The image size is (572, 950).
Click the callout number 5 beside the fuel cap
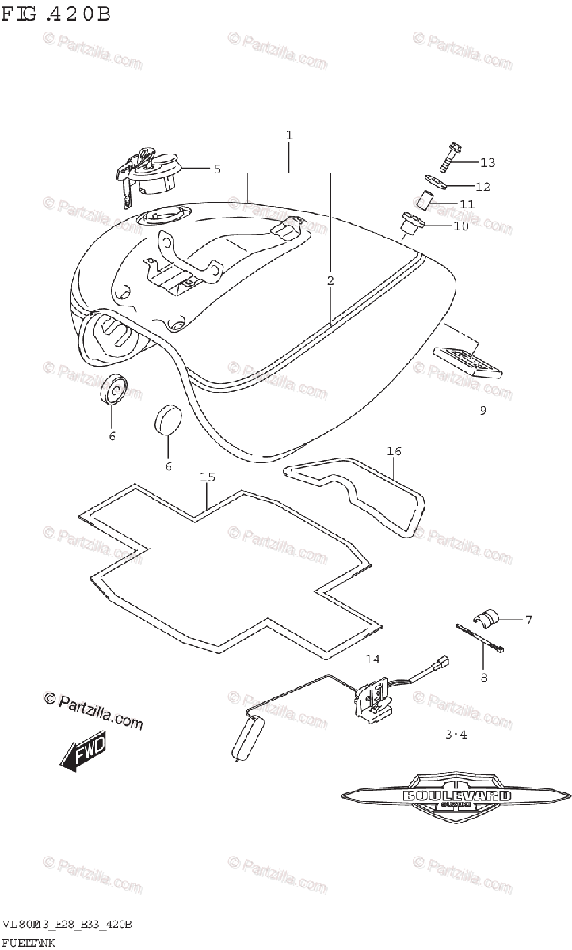(x=216, y=168)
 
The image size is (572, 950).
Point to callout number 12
(x=482, y=187)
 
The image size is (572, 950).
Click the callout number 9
(x=482, y=410)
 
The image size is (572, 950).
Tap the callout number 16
(x=395, y=451)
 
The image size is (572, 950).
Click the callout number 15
(x=208, y=477)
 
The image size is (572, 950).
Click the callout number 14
(x=372, y=659)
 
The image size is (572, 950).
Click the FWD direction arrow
(x=83, y=752)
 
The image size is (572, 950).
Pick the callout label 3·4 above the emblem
(x=456, y=735)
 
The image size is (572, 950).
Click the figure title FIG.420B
(x=55, y=14)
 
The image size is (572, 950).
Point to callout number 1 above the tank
(x=289, y=136)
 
